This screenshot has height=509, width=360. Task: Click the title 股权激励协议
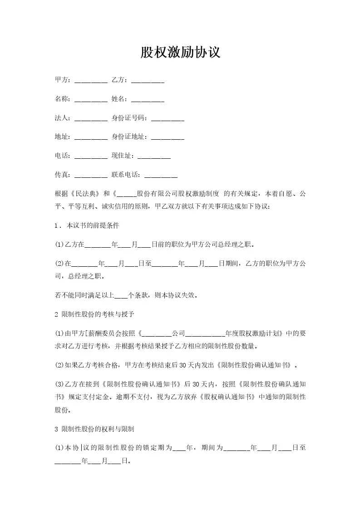pyautogui.click(x=180, y=53)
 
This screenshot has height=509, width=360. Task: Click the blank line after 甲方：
pyautogui.click(x=90, y=81)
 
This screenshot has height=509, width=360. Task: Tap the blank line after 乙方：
pyautogui.click(x=148, y=81)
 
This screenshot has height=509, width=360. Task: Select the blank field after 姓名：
pyautogui.click(x=148, y=100)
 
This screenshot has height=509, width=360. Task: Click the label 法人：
pyautogui.click(x=63, y=118)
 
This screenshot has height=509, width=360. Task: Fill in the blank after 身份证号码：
pyautogui.click(x=167, y=119)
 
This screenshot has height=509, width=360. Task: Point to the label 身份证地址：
pyautogui.click(x=129, y=137)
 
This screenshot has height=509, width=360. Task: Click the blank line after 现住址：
pyautogui.click(x=154, y=157)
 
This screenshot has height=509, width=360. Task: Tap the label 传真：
pyautogui.click(x=63, y=175)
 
